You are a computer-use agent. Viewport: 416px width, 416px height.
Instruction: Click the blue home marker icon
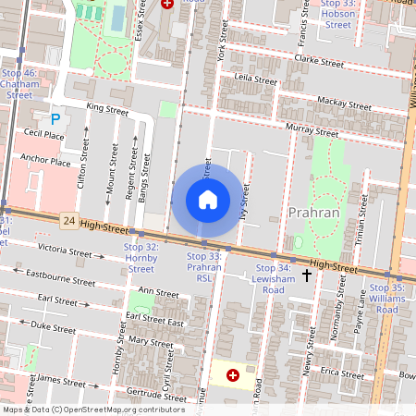pos(207,200)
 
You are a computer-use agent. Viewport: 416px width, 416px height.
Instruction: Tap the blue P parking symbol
pos(55,118)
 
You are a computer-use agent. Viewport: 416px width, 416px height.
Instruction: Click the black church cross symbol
pos(307,275)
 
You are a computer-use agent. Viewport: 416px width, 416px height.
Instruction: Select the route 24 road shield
pos(68,221)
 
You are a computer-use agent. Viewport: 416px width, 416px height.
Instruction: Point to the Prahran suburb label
pos(315,213)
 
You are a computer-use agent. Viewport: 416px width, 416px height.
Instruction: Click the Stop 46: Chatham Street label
pos(19,83)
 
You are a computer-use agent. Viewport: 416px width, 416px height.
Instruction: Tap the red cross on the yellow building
pos(232,375)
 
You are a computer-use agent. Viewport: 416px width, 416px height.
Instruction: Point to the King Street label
pos(106,108)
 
